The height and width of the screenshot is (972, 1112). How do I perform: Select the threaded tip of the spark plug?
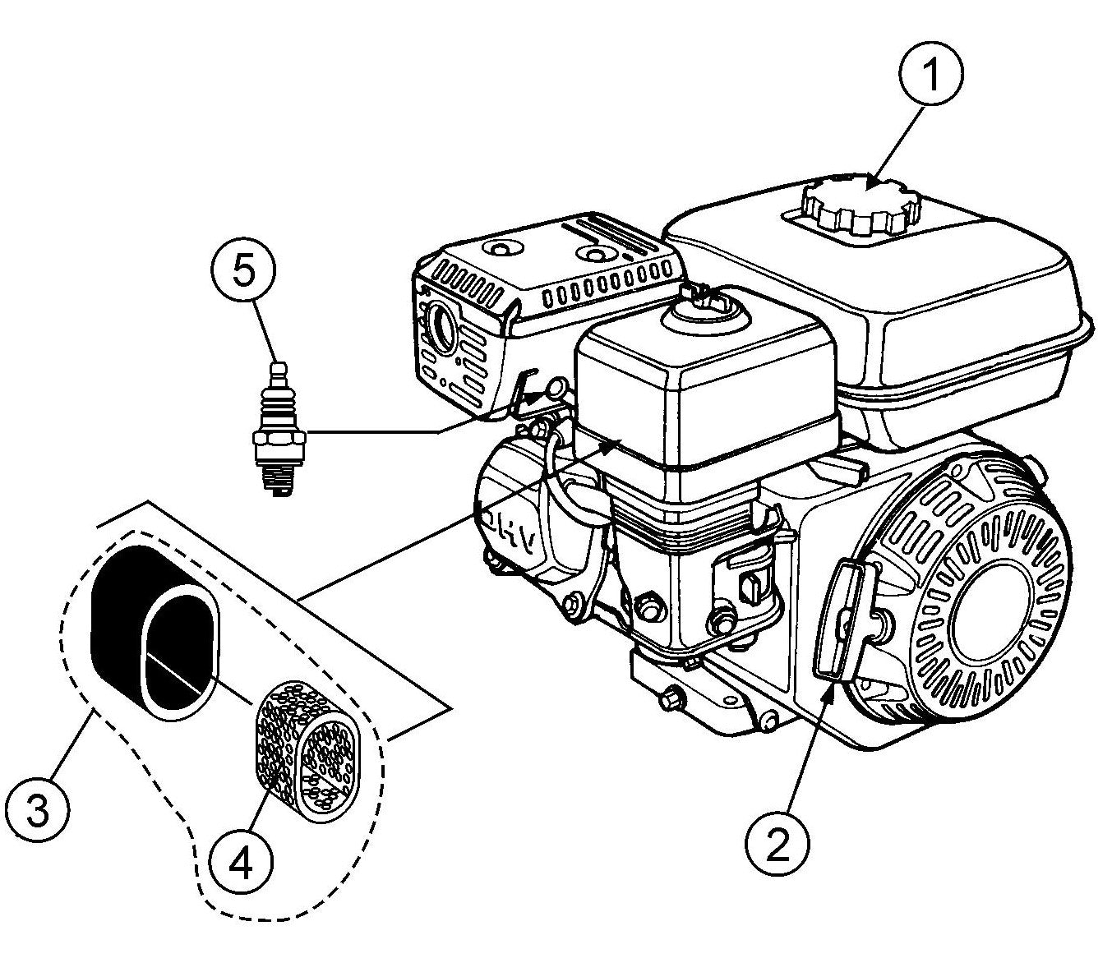coord(278,481)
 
